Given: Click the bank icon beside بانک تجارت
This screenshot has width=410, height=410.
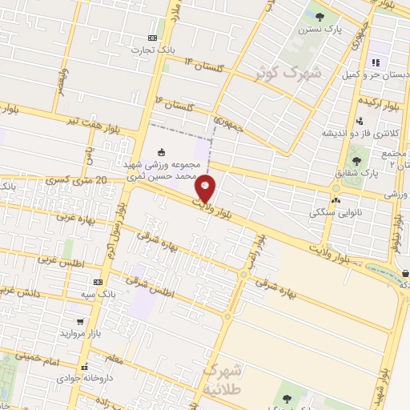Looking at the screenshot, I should [x=153, y=38].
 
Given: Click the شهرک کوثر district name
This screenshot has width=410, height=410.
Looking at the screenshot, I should [x=287, y=74].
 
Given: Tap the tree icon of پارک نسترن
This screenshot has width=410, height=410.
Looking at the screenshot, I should [x=320, y=16].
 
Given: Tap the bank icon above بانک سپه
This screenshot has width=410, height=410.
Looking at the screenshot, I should [x=98, y=282].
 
